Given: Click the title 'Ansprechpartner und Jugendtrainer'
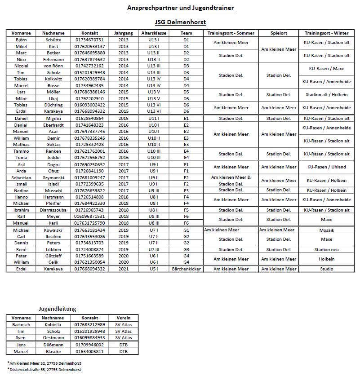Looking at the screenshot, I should click(180, 8).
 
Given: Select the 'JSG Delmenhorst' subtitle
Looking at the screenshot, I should click(180, 22).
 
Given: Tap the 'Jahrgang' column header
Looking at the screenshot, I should click(123, 33).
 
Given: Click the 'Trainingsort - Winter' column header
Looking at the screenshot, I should click(326, 33).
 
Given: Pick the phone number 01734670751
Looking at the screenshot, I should click(90, 40).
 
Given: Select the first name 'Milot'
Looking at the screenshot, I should click(21, 98).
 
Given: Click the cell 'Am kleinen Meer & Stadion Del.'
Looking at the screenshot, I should click(231, 181).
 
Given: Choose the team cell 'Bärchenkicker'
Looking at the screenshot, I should click(186, 269).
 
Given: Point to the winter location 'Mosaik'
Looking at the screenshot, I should click(326, 230).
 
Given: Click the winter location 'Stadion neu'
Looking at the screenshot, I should click(326, 249).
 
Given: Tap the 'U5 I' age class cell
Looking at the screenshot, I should click(154, 269).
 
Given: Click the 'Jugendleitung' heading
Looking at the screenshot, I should click(57, 309).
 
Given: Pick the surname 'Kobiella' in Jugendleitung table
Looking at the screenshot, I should click(53, 324).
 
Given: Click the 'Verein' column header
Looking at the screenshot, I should click(124, 318).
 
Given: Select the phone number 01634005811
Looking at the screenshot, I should click(90, 351).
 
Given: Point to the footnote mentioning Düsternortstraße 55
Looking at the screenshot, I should click(45, 369).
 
